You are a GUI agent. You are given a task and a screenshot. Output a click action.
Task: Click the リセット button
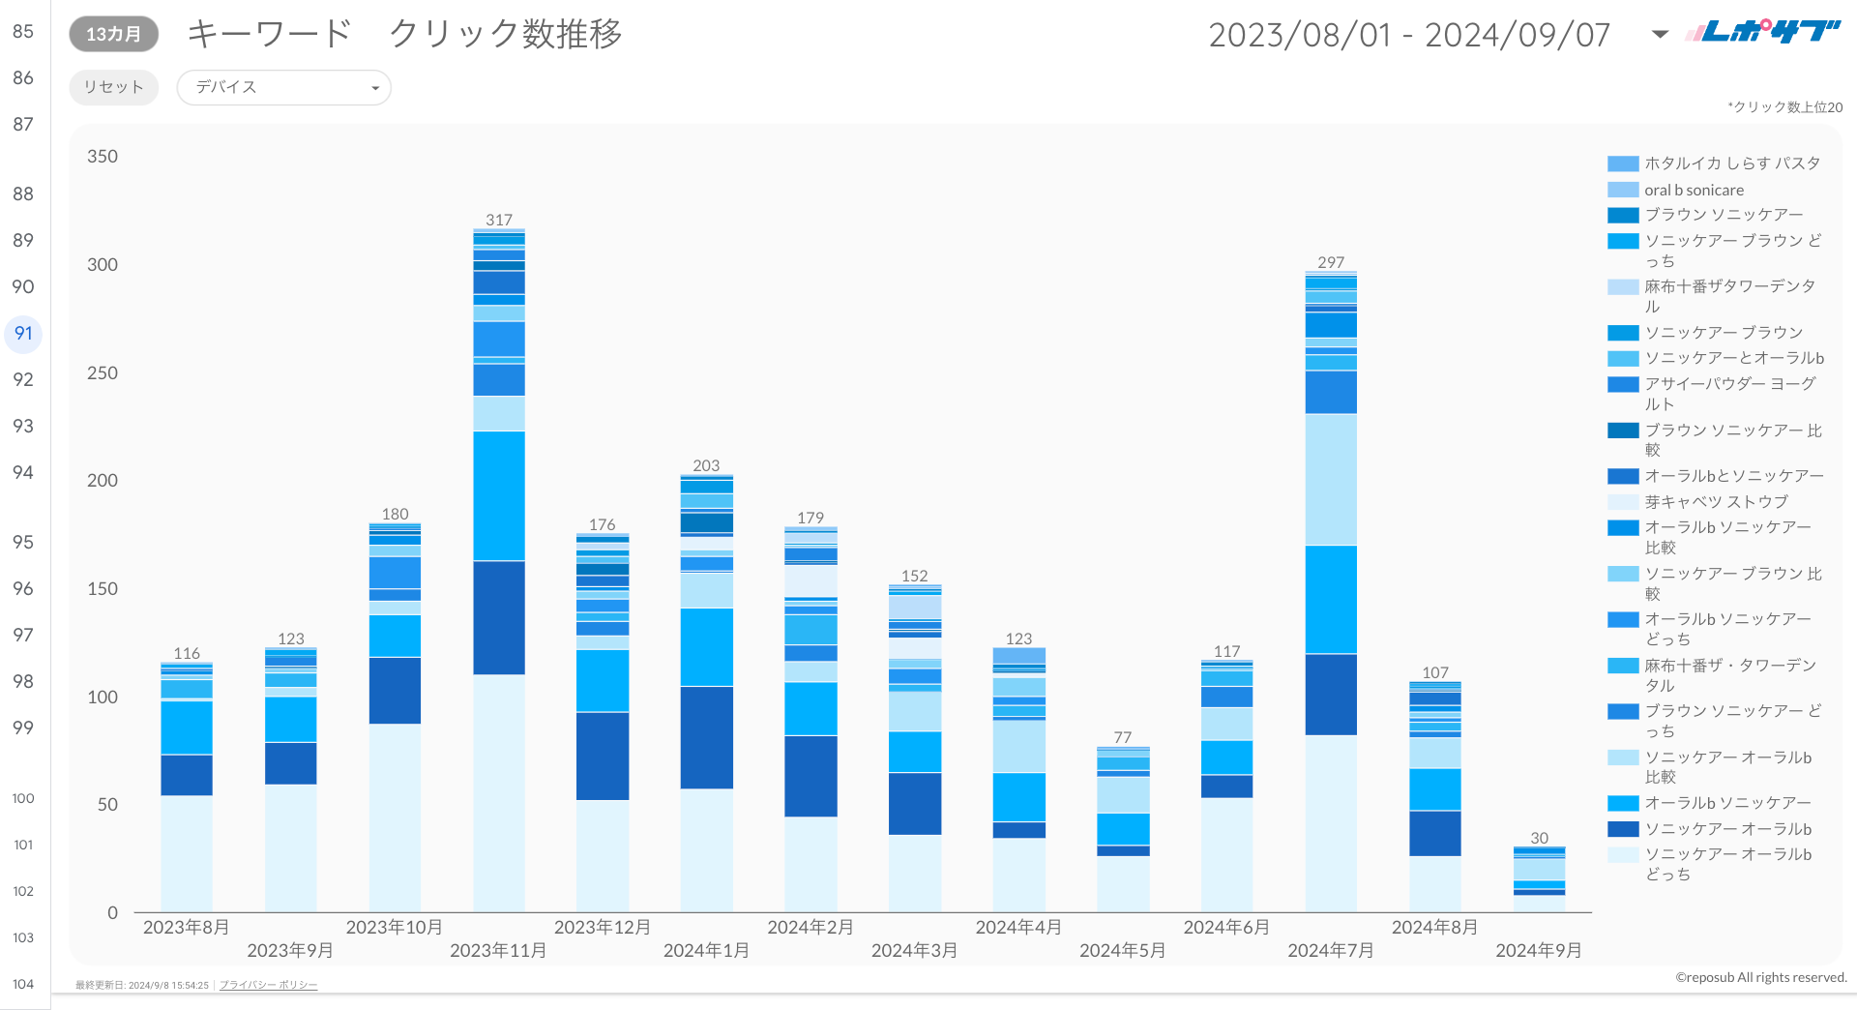click(113, 87)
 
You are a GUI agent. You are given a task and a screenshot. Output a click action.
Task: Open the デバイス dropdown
click(283, 87)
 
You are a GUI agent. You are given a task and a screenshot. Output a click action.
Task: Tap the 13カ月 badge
click(113, 34)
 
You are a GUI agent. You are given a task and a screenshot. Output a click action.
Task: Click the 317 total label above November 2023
click(499, 220)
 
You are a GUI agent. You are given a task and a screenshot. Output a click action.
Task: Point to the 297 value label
click(1331, 262)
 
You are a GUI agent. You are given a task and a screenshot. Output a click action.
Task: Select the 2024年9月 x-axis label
click(1538, 950)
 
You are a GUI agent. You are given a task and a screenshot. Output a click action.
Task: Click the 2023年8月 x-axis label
click(186, 927)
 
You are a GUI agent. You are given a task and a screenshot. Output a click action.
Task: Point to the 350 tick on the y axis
click(103, 157)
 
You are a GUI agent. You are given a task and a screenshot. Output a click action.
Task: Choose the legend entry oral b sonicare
click(1694, 190)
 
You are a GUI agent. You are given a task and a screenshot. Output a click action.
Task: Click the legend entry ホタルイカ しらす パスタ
click(1731, 163)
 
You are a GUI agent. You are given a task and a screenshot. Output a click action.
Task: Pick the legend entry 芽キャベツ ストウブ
click(1716, 501)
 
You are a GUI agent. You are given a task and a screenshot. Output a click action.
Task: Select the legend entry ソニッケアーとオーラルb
click(1733, 358)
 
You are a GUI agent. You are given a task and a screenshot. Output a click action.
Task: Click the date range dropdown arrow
click(1660, 34)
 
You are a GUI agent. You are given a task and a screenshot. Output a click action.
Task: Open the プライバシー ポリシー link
click(268, 985)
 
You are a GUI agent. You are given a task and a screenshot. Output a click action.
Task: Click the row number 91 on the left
click(23, 334)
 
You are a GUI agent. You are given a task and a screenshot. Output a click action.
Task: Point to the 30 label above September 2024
click(1539, 838)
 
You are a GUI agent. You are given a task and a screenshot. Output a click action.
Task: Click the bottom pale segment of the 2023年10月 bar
click(395, 817)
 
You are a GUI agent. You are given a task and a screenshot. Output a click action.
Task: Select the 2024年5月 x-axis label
click(1122, 950)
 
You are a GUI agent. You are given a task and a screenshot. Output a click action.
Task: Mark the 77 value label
click(1122, 737)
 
